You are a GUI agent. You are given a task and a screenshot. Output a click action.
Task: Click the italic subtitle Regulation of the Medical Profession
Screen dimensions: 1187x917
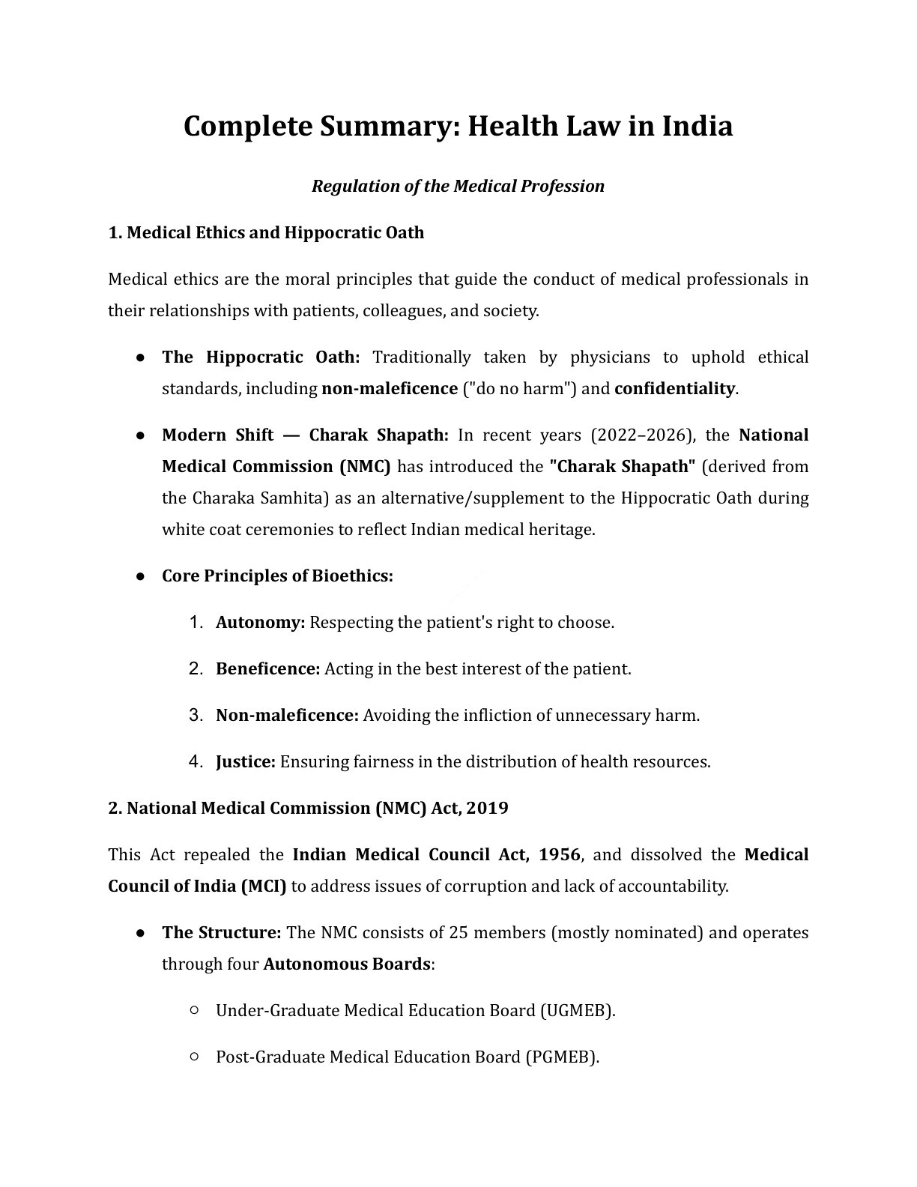[458, 186]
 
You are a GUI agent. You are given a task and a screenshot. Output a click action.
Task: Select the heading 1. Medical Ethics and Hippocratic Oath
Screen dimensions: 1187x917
[266, 232]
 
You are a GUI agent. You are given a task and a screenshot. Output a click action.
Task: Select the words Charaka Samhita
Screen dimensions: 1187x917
[257, 498]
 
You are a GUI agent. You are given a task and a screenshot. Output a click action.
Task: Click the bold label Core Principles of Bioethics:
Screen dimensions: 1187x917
[277, 576]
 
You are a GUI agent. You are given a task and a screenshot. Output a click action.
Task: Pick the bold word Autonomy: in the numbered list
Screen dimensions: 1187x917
[260, 623]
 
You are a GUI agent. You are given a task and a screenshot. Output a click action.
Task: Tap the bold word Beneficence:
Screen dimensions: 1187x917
[267, 669]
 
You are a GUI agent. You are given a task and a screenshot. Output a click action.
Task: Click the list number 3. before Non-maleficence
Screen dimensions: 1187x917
[196, 716]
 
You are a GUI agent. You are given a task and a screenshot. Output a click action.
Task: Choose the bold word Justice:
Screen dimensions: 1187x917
[246, 762]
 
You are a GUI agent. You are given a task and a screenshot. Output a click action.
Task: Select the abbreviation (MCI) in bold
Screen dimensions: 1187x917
[263, 887]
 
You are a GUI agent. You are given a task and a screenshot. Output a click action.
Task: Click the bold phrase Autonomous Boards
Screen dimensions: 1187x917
[346, 964]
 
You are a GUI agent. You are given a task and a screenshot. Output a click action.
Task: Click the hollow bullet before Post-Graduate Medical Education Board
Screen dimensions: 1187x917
[194, 1057]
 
